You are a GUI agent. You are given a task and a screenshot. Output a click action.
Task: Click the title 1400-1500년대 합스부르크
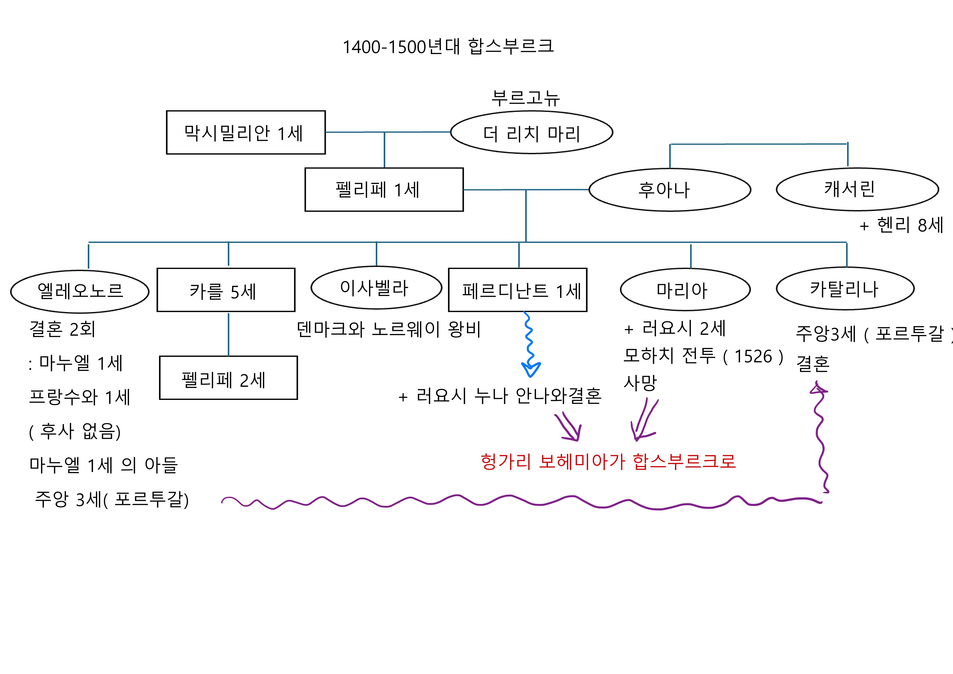tap(448, 47)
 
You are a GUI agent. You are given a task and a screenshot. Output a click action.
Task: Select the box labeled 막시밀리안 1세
tap(246, 132)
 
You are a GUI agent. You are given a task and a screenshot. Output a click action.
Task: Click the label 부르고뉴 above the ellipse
tap(525, 98)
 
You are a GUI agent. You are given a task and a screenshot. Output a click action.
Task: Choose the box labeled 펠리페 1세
tap(384, 190)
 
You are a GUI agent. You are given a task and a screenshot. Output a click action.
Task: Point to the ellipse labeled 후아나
tap(670, 190)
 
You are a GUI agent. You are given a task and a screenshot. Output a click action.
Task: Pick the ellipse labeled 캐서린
tap(857, 189)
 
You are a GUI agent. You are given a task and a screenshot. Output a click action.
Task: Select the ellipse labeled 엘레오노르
tap(80, 291)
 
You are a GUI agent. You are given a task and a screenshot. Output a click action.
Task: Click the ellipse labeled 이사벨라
tap(376, 288)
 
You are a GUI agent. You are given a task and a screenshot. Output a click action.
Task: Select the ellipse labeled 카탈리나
tap(845, 289)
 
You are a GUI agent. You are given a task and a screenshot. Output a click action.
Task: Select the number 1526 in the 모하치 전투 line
tap(753, 356)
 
